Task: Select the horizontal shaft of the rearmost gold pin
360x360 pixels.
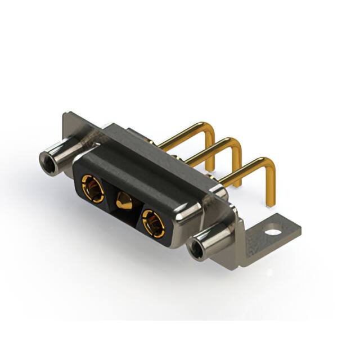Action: (180, 135)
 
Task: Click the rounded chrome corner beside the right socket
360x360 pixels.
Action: (186, 217)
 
